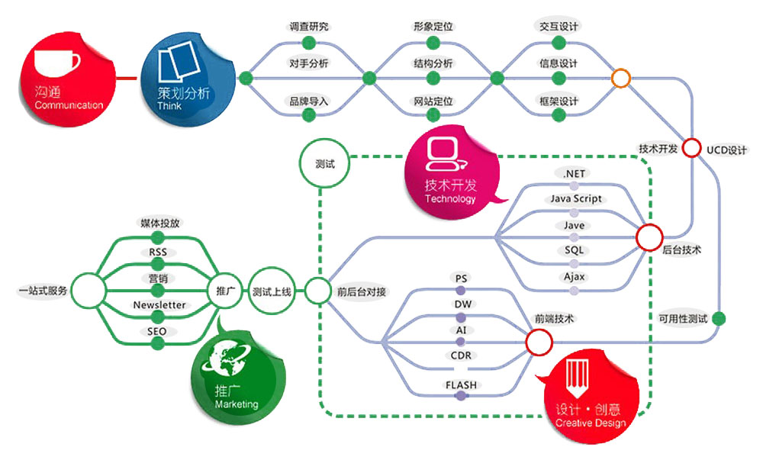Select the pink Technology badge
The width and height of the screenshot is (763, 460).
click(x=450, y=169)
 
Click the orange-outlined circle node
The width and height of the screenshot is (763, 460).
click(x=621, y=78)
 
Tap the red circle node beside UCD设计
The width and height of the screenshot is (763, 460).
click(x=692, y=149)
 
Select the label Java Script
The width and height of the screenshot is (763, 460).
click(x=576, y=199)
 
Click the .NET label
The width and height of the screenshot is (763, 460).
click(x=574, y=174)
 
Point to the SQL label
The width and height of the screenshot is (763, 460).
click(x=575, y=251)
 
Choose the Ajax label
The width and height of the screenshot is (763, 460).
click(x=575, y=277)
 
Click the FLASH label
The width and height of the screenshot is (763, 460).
click(x=461, y=385)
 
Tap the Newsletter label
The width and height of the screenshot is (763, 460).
click(x=159, y=305)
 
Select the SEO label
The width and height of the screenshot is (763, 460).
click(x=157, y=332)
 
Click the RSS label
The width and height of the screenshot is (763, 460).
click(x=158, y=253)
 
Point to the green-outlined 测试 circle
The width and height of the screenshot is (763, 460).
click(x=318, y=163)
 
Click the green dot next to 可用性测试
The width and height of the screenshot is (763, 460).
click(x=719, y=318)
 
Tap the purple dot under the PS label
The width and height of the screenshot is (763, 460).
click(x=460, y=291)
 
